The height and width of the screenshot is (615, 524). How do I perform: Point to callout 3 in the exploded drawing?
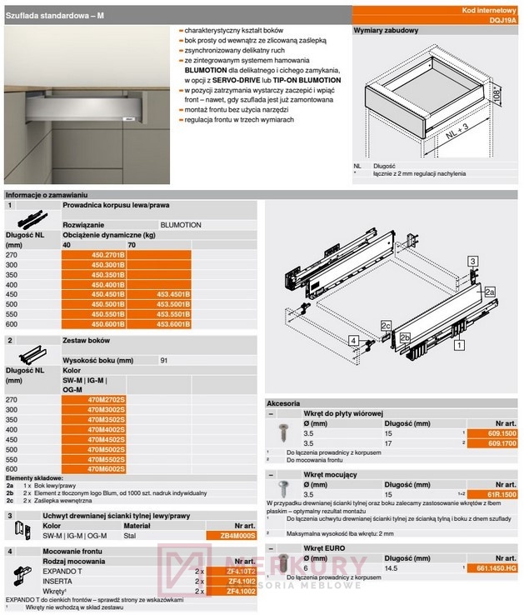point(472,262)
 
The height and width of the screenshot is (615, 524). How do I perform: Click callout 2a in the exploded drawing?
point(490,292)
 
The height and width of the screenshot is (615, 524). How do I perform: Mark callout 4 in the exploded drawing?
point(354,341)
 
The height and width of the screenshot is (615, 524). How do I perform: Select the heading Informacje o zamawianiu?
point(37,193)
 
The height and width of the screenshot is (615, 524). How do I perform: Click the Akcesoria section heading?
point(284,402)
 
